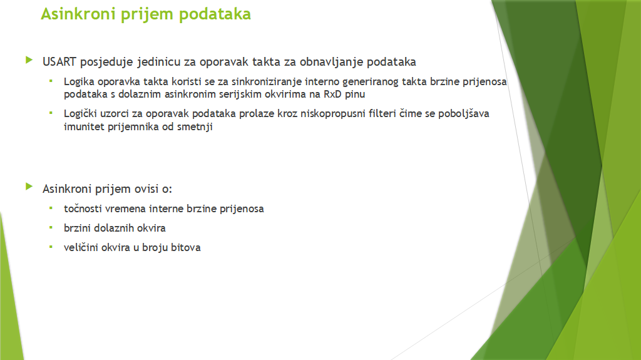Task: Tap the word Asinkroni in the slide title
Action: [78, 14]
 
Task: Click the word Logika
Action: [79, 82]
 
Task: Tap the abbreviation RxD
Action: [332, 94]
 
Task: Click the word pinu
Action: [355, 95]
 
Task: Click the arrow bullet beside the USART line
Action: [29, 60]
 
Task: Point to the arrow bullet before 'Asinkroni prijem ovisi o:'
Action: [29, 187]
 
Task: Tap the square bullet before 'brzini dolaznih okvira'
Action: [51, 227]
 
